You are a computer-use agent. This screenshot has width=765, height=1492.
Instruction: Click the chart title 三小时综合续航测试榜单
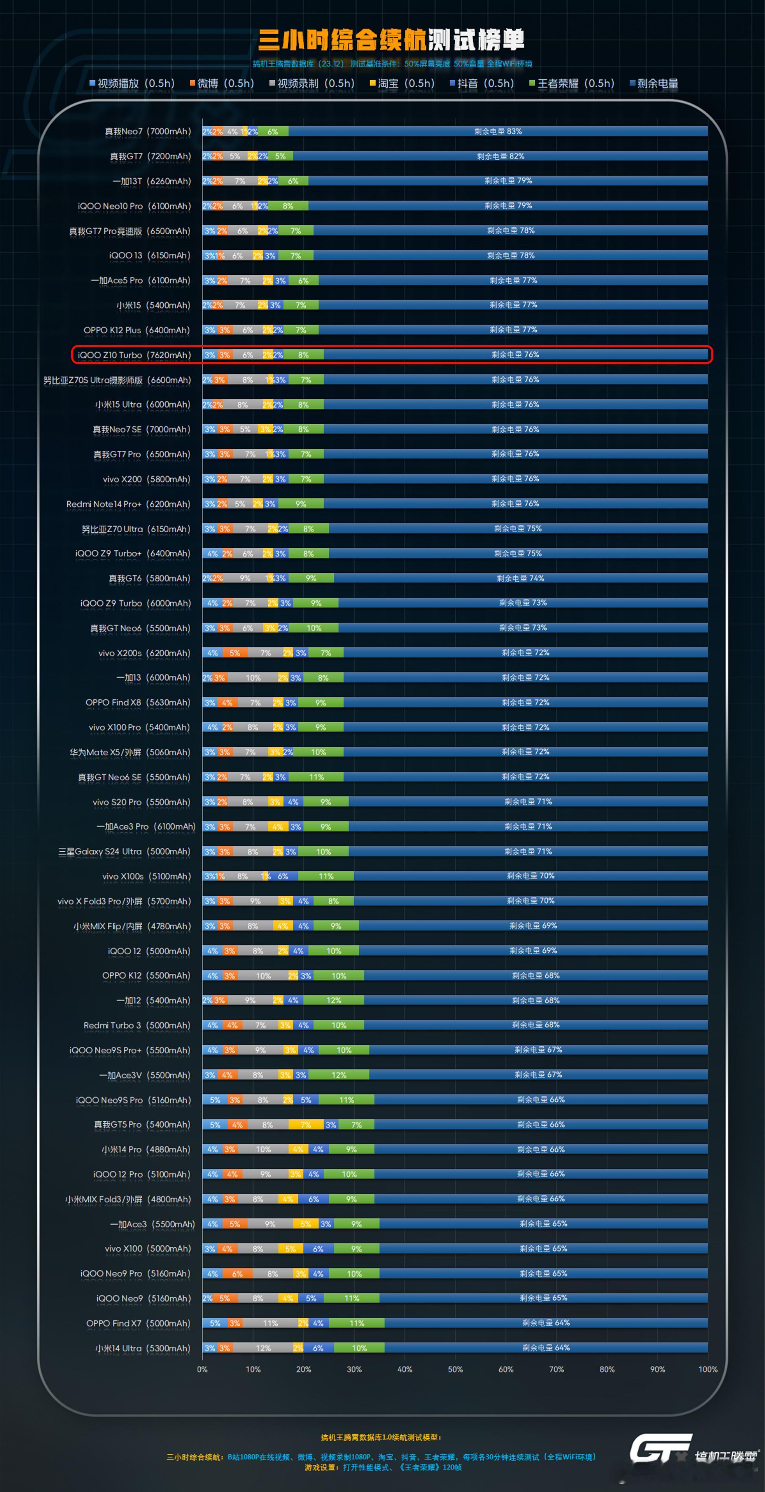click(x=391, y=39)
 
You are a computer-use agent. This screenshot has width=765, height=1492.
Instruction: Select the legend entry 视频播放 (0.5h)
click(x=132, y=84)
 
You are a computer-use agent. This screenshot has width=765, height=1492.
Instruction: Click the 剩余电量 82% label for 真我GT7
click(x=500, y=156)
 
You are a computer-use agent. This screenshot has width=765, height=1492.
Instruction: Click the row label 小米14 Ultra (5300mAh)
click(x=143, y=1348)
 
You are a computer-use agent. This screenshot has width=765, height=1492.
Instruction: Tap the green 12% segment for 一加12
click(x=334, y=1000)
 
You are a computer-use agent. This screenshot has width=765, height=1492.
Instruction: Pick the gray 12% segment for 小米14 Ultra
click(x=264, y=1348)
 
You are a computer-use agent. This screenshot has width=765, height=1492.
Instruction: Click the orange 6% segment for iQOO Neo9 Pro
click(x=238, y=1274)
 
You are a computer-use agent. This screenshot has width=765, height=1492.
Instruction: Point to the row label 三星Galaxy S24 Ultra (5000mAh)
click(x=124, y=851)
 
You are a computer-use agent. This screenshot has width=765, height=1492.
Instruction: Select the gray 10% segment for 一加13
click(x=253, y=678)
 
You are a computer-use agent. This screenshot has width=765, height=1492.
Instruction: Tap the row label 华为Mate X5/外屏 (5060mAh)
click(x=130, y=752)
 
